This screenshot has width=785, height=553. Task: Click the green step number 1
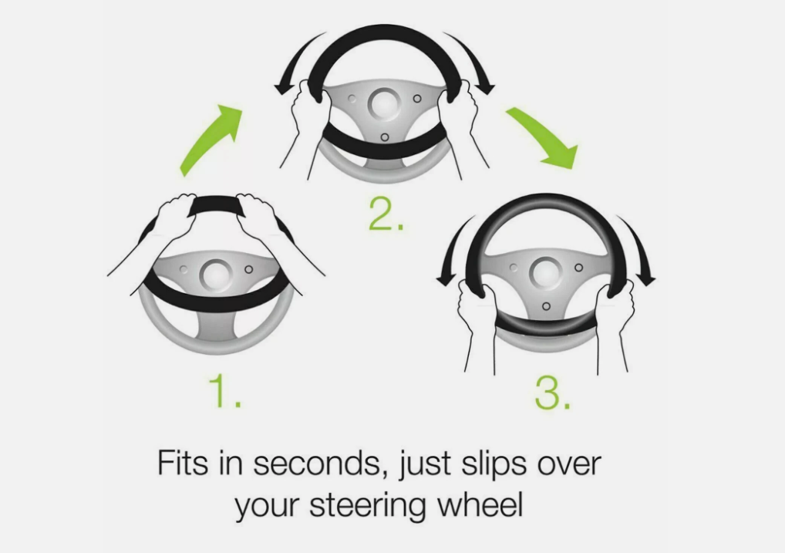(x=225, y=391)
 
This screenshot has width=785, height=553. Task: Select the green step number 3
(x=552, y=393)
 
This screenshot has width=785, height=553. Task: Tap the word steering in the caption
(x=368, y=505)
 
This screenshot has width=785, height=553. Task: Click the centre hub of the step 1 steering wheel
(x=216, y=275)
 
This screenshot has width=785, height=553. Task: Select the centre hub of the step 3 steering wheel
(x=546, y=273)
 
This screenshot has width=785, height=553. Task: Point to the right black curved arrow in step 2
(x=474, y=60)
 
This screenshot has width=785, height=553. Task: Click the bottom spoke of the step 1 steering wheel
(x=216, y=325)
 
